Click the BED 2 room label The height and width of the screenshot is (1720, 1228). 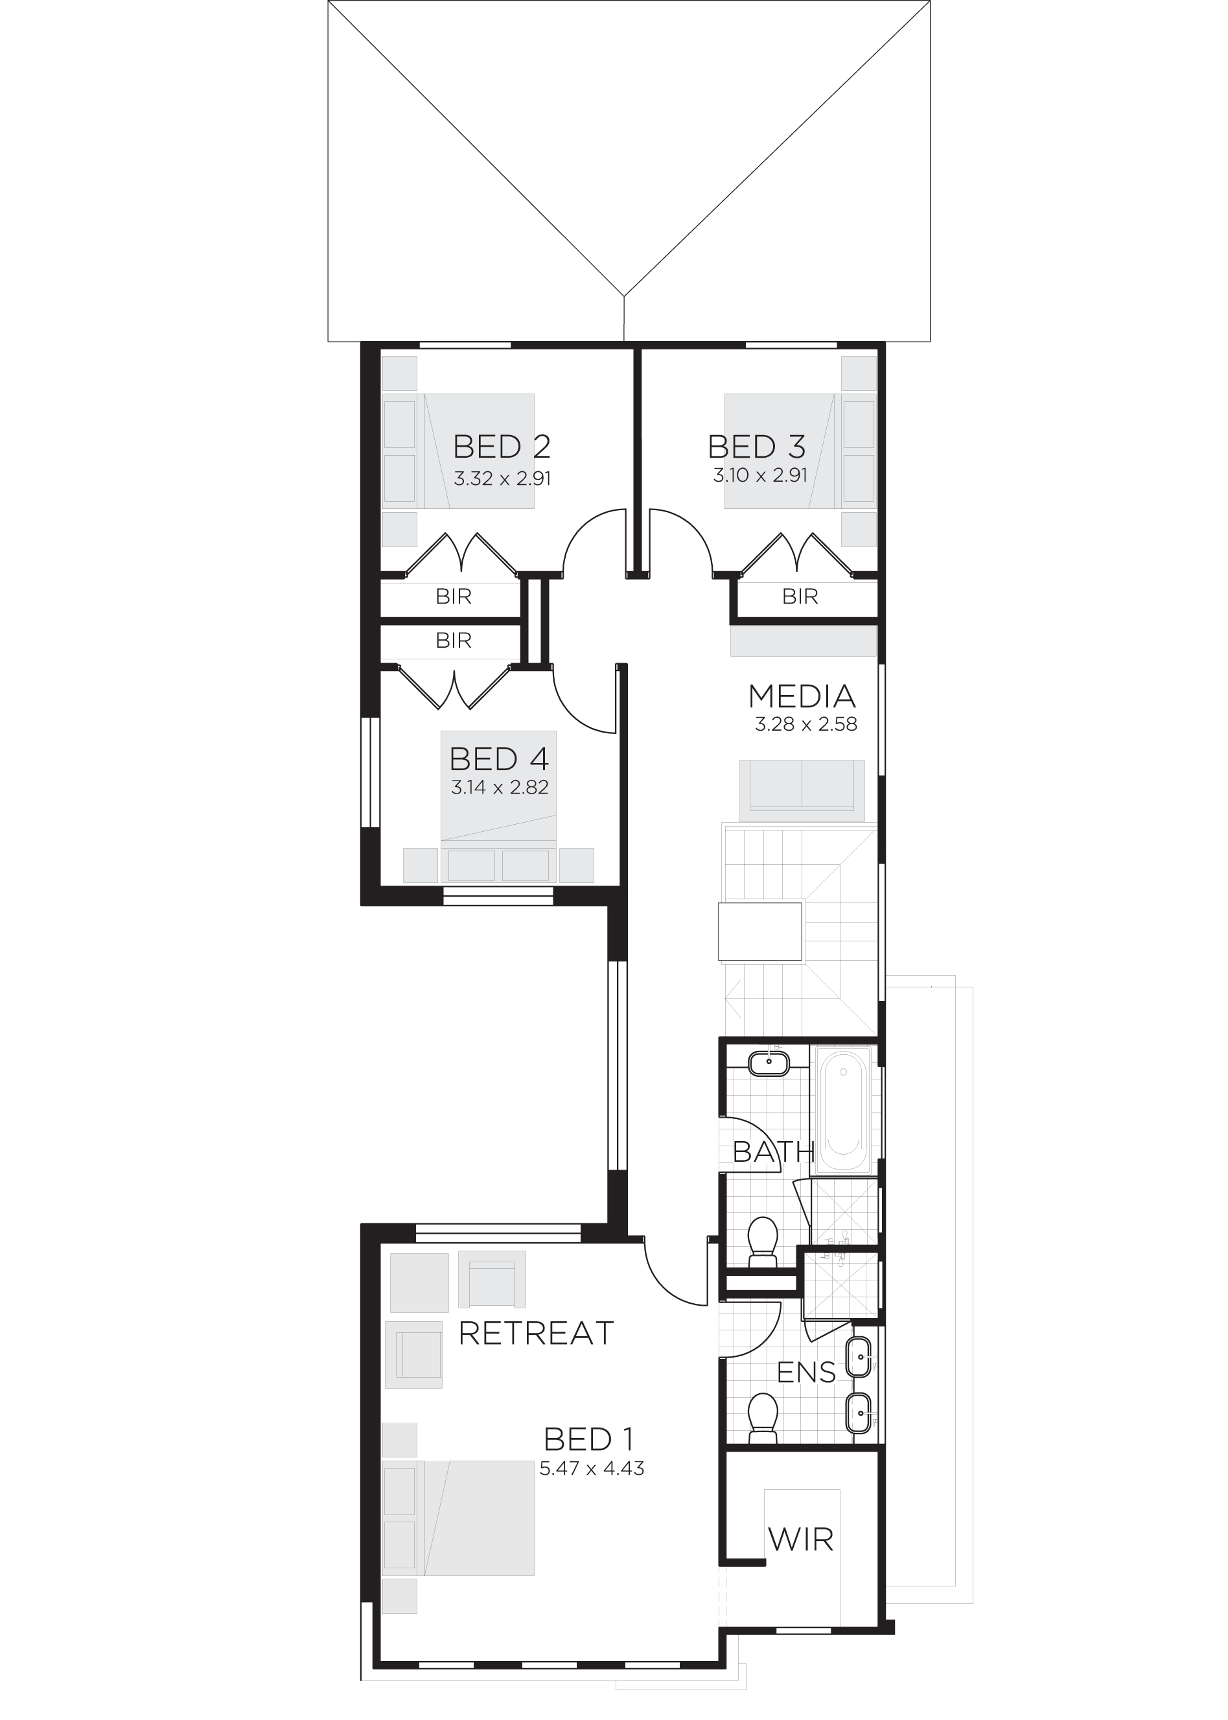(x=502, y=447)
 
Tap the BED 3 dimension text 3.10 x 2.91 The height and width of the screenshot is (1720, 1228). (x=760, y=475)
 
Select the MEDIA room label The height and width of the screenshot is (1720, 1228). (x=802, y=696)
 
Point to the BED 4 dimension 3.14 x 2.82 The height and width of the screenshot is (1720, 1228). (x=500, y=787)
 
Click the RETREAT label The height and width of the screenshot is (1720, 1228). (x=535, y=1334)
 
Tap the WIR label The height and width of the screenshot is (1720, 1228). (x=801, y=1539)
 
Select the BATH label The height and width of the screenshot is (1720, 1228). (x=774, y=1152)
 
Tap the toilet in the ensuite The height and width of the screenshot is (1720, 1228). (x=762, y=1419)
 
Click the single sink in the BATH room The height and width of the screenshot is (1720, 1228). (x=769, y=1063)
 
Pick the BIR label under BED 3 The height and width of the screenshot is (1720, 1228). (x=800, y=596)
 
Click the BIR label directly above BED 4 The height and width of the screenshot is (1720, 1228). (x=454, y=641)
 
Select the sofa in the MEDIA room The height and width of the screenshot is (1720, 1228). (x=802, y=790)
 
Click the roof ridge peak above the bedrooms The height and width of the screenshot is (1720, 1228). (x=624, y=296)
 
